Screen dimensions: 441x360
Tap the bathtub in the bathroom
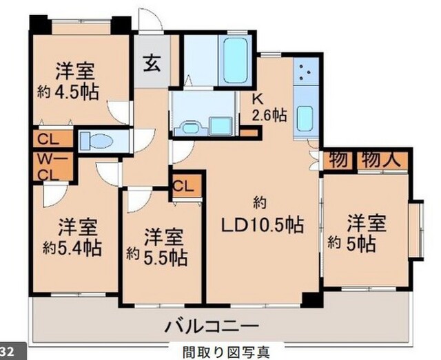(x=236, y=60)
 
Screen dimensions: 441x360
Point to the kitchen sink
(x=305, y=118)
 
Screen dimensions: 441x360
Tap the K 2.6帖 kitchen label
(x=269, y=108)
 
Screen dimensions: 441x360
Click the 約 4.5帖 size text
(x=68, y=92)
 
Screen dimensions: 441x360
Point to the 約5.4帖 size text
(x=72, y=248)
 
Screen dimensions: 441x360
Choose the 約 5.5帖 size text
(x=157, y=257)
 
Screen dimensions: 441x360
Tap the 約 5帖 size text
(x=351, y=244)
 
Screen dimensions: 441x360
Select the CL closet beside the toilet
(x=52, y=139)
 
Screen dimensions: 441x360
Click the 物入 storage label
(x=381, y=160)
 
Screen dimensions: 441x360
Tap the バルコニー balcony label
(x=212, y=326)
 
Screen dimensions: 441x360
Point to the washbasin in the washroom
(x=191, y=129)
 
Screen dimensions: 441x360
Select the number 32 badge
(x=7, y=352)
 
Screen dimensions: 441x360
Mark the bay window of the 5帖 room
(x=416, y=231)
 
